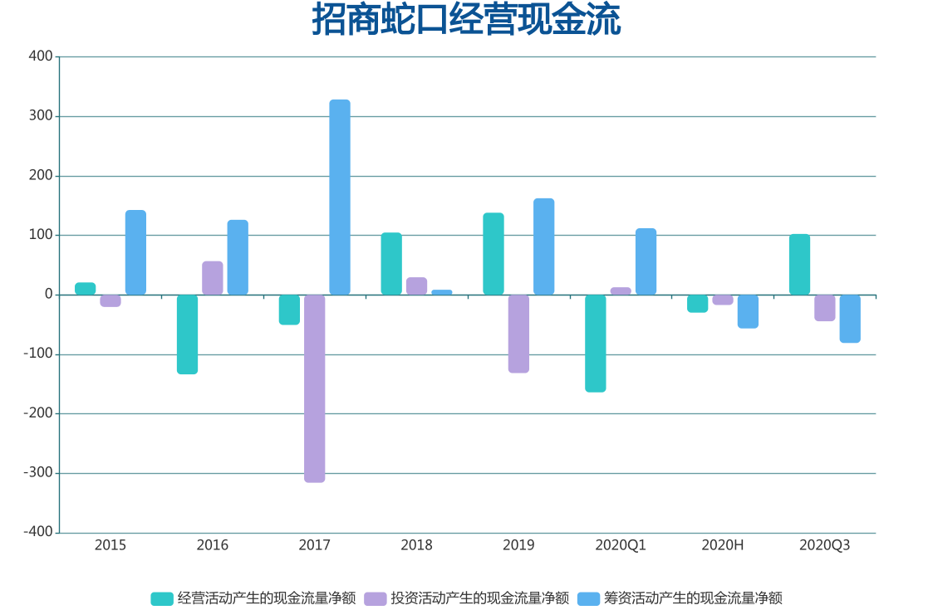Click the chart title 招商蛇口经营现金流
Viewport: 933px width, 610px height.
(466, 20)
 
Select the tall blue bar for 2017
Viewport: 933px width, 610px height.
(340, 198)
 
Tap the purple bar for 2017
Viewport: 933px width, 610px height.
(314, 388)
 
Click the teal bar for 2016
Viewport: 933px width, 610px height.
(187, 334)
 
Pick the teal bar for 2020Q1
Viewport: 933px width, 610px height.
(595, 343)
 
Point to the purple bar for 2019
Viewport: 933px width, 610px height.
(518, 334)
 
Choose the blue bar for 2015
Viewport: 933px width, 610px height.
(135, 252)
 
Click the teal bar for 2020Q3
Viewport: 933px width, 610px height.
(799, 265)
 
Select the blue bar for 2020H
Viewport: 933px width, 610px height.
(748, 311)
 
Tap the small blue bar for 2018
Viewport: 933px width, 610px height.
(442, 292)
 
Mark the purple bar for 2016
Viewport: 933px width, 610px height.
(213, 278)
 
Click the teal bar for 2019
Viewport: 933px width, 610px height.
(494, 254)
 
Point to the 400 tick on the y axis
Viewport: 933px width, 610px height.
(41, 56)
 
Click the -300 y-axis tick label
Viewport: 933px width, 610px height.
(37, 473)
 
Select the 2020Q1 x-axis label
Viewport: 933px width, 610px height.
(621, 545)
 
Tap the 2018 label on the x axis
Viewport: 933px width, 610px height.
(416, 545)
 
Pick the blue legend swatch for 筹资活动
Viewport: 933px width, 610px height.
(588, 598)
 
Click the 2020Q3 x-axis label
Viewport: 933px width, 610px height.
(824, 545)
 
